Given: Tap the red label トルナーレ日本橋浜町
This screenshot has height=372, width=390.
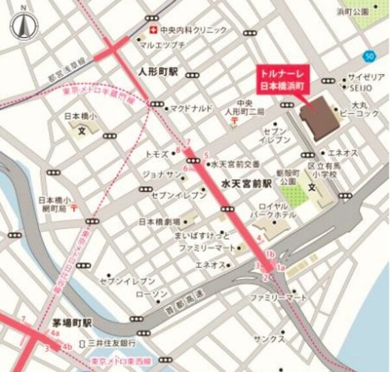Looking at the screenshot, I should tap(285, 78).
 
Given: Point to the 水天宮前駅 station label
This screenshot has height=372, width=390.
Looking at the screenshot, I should tap(246, 185).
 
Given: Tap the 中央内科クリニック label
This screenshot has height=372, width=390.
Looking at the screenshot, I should tap(193, 30).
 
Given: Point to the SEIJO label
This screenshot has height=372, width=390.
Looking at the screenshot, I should tap(362, 87).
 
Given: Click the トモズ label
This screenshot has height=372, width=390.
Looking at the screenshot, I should tap(157, 154).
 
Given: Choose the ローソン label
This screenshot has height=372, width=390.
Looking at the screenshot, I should tap(155, 294).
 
